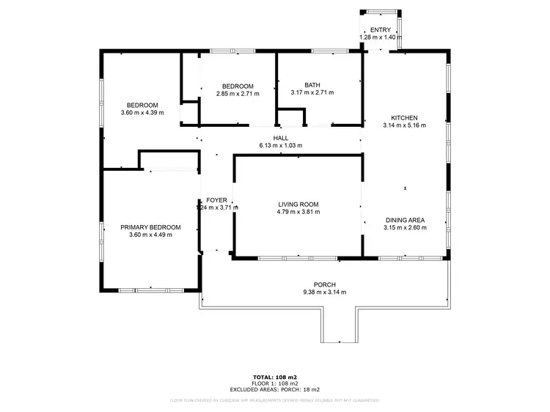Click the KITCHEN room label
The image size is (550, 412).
(x=404, y=118)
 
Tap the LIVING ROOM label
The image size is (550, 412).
(x=298, y=205)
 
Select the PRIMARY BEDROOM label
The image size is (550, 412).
(x=150, y=227)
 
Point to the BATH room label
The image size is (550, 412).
(x=312, y=85)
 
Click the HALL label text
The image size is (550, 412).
(x=281, y=138)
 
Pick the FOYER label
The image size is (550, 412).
(x=216, y=200)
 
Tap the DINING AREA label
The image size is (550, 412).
(x=405, y=220)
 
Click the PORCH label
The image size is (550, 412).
(x=324, y=284)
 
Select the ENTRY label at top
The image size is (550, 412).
(x=381, y=30)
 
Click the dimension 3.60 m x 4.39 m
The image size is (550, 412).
(x=142, y=113)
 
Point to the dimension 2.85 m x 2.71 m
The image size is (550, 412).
(x=238, y=93)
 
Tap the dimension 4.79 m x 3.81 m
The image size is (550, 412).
(x=298, y=212)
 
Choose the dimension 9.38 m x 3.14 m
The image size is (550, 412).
(x=324, y=292)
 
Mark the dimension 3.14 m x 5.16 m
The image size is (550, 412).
(x=404, y=125)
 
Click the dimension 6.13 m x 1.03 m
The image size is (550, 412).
(x=281, y=145)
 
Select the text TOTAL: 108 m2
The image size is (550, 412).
(x=275, y=377)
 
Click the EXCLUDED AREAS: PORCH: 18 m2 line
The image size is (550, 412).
(x=275, y=389)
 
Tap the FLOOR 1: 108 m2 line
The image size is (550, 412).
(x=275, y=383)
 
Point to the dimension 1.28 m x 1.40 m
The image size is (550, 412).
(x=381, y=37)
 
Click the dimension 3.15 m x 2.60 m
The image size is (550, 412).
(x=405, y=227)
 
